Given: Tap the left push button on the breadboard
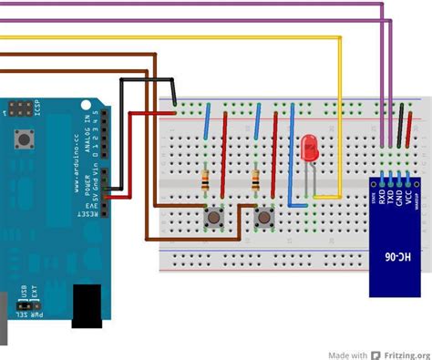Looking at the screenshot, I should pyautogui.click(x=214, y=217).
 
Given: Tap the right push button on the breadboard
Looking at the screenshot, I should pyautogui.click(x=266, y=217).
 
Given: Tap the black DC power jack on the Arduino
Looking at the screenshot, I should pyautogui.click(x=87, y=304).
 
